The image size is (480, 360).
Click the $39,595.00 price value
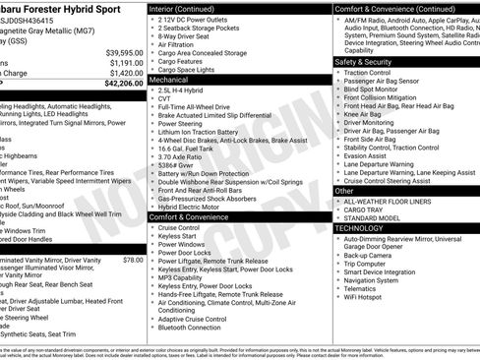pyautogui.click(x=124, y=52)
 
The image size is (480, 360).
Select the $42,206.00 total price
pyautogui.click(x=123, y=84)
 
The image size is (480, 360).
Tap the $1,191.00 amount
pyautogui.click(x=126, y=62)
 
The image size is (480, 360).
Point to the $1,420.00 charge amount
pyautogui.click(x=126, y=73)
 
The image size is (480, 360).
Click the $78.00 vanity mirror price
pyautogui.click(x=133, y=260)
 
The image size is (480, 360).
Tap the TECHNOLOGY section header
pyautogui.click(x=361, y=227)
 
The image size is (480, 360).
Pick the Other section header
pyautogui.click(x=345, y=192)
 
